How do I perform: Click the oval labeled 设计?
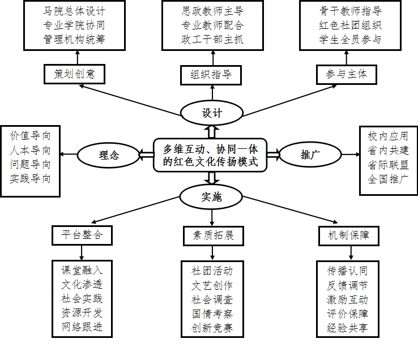[x=212, y=113]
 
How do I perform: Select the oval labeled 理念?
[x=108, y=155]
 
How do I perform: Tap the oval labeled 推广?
[x=309, y=155]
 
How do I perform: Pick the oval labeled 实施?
[x=211, y=197]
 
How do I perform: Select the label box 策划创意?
[x=74, y=74]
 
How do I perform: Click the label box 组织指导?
[x=211, y=75]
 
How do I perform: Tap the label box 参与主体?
[x=346, y=74]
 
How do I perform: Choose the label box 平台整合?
[x=82, y=235]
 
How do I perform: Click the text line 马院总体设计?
[x=74, y=11]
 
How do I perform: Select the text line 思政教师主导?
[x=212, y=11]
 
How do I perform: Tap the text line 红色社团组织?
[x=349, y=25]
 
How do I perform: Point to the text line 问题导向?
[x=30, y=165]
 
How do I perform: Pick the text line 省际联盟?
[x=388, y=165]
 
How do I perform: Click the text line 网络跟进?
[x=82, y=327]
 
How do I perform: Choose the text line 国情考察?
[x=212, y=314]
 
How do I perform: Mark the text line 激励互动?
[x=347, y=299]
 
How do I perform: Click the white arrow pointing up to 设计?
[x=212, y=131]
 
